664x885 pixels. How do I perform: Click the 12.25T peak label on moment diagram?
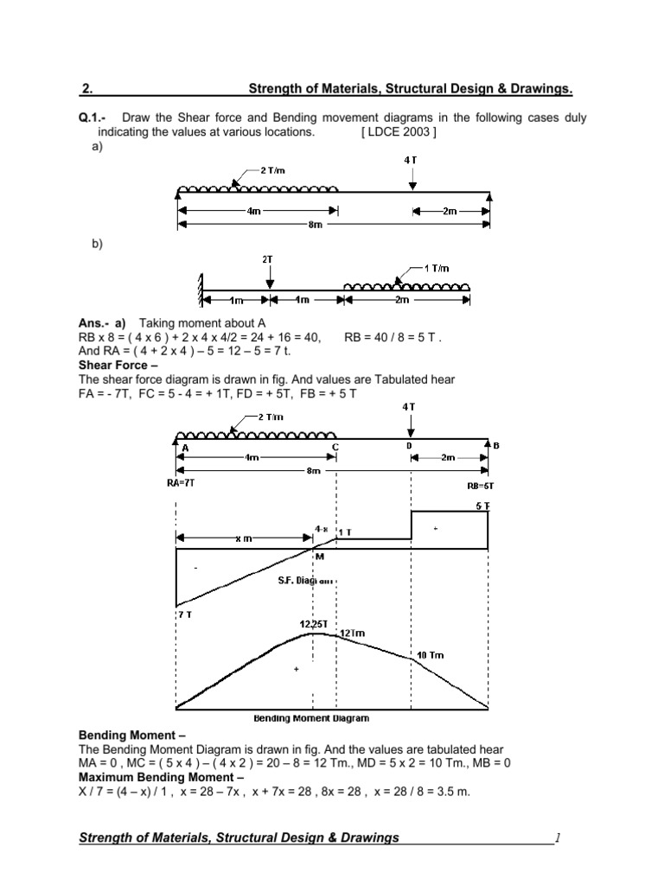(312, 624)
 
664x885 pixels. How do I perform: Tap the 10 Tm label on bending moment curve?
(431, 655)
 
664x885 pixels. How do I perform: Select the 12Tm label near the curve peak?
(352, 634)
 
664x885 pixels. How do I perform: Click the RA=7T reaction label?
(181, 484)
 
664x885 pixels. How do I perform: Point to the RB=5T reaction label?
(479, 486)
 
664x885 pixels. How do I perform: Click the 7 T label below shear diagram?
(186, 614)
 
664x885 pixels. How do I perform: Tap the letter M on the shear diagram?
(319, 557)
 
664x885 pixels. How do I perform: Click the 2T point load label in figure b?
(269, 258)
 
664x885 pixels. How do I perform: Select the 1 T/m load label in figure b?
(437, 268)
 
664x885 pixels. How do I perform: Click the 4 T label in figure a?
(410, 160)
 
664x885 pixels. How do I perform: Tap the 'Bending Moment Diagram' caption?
(311, 718)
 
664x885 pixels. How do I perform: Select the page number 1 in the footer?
(559, 837)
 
